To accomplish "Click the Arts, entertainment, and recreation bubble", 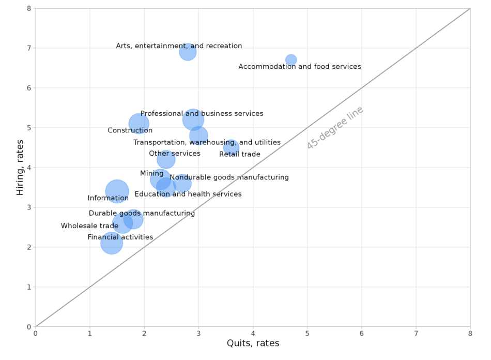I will [x=188, y=52].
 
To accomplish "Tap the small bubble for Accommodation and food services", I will [x=291, y=60].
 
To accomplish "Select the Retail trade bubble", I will [x=231, y=147].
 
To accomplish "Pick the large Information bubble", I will [x=117, y=191].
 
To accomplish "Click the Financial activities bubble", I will [x=111, y=243].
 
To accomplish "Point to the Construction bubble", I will [x=139, y=124].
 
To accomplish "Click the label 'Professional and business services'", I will [x=202, y=114].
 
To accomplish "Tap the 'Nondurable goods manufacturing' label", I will [x=229, y=177].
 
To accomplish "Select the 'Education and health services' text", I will [x=188, y=194].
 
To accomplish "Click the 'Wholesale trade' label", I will [x=89, y=226].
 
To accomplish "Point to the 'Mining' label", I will [x=151, y=174].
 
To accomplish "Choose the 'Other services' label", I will [x=174, y=154].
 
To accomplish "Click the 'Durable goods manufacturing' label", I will [x=142, y=213].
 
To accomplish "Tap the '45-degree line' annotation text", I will [x=335, y=128].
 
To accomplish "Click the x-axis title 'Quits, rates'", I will [x=253, y=343].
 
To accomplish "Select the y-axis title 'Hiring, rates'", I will [x=20, y=168].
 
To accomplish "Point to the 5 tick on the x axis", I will [x=307, y=334].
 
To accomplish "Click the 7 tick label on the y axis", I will [x=28, y=48].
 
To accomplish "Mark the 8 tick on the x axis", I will [x=470, y=334].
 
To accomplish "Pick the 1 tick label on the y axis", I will [x=28, y=287].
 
